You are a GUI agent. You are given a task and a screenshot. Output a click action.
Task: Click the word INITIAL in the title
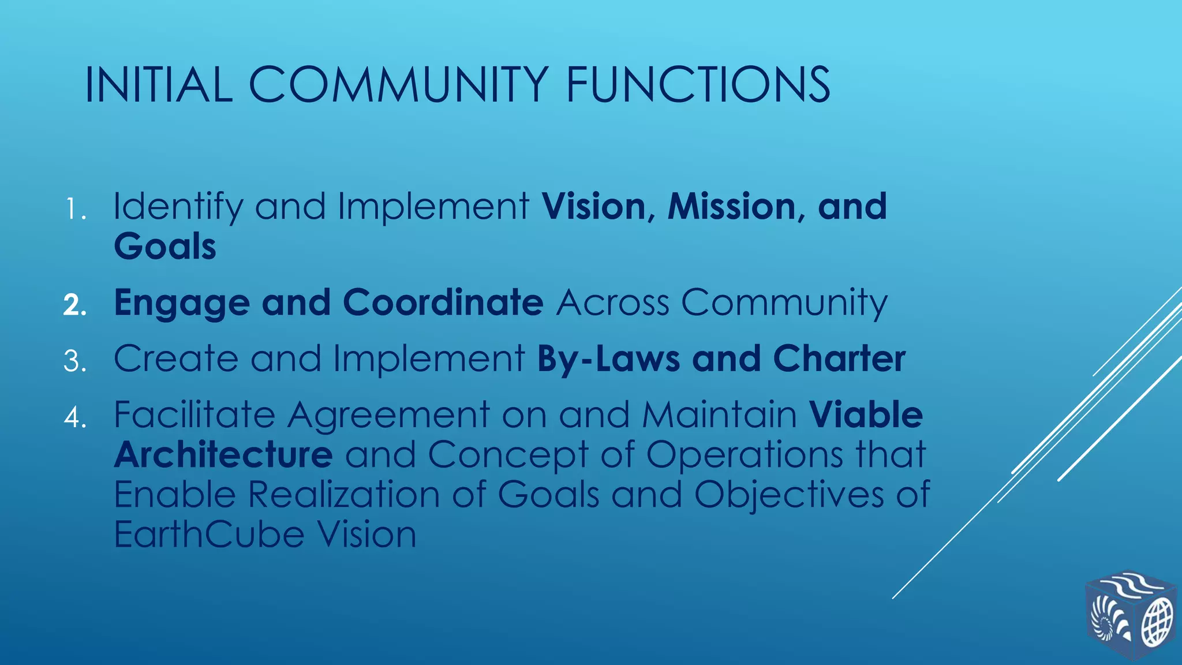[159, 85]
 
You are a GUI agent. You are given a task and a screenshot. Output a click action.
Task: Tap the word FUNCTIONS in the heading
[698, 85]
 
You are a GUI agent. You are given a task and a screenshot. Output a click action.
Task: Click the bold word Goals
[165, 246]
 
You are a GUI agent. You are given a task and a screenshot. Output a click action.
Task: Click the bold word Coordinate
[443, 302]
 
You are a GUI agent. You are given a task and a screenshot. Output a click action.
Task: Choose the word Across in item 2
[612, 302]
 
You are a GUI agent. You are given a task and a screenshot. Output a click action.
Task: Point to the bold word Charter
[839, 358]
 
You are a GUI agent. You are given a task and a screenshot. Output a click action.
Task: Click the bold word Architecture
[223, 454]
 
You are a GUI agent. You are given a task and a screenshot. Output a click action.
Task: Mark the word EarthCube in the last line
[209, 534]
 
